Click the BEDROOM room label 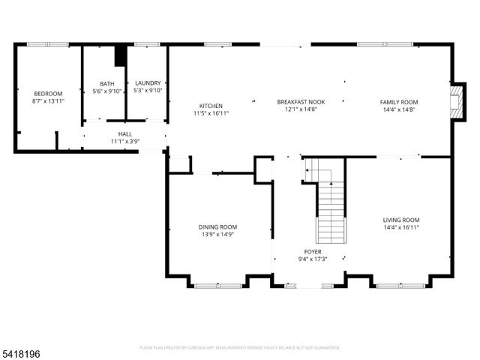point(47,93)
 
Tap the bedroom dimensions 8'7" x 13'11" point(47,100)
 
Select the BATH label point(106,83)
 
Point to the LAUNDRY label point(148,83)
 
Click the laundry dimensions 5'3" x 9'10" point(148,91)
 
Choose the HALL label point(125,133)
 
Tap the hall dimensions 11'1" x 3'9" point(125,141)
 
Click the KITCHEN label point(211,105)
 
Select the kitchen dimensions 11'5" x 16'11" point(211,112)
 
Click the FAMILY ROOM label point(398,102)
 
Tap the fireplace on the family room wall point(454,99)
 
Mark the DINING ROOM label point(217,226)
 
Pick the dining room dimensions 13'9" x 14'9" point(217,234)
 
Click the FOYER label point(313,252)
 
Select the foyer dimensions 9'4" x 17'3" point(313,259)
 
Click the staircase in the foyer point(329,207)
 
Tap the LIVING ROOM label point(401,219)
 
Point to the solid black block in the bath point(119,56)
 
